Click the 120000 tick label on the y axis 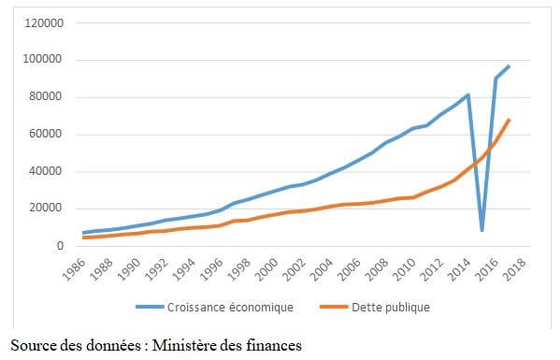[43, 22]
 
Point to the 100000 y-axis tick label [43, 60]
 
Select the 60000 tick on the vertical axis [46, 134]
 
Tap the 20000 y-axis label [46, 209]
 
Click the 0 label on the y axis [58, 246]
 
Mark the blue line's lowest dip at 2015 [481, 230]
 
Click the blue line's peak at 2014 [468, 94]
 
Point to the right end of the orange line [509, 120]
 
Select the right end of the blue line [509, 66]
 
